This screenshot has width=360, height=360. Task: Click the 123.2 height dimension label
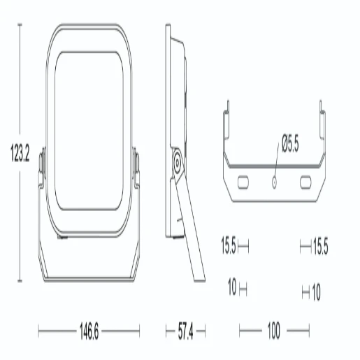tap(20, 153)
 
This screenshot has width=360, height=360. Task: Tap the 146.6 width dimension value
tap(89, 331)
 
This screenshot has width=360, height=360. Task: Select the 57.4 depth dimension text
tap(185, 331)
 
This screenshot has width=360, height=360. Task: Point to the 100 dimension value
tap(274, 331)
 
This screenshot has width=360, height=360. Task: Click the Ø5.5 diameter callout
tap(290, 143)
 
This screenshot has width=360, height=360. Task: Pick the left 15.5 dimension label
tap(229, 245)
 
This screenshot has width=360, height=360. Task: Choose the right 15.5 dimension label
tap(320, 246)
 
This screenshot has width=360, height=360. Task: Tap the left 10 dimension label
tap(232, 287)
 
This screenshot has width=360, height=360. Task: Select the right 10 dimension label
tap(316, 292)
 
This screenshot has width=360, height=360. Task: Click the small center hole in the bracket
tap(274, 182)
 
